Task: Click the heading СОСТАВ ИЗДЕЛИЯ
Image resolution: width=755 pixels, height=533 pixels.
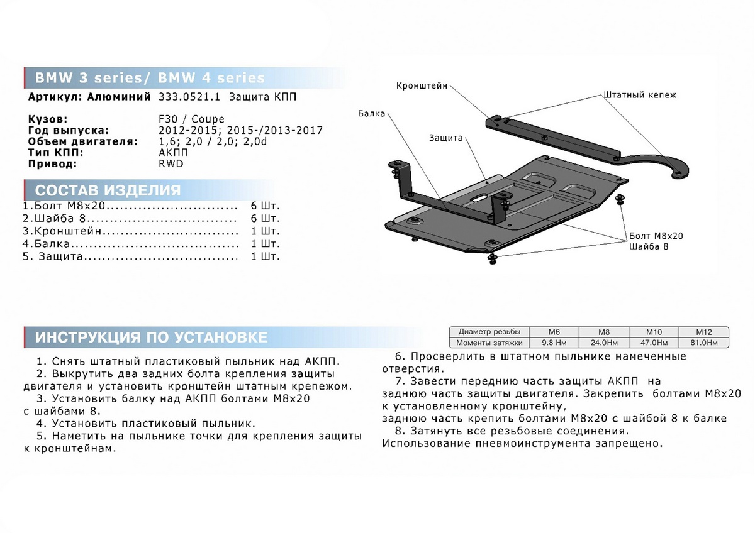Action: tap(108, 190)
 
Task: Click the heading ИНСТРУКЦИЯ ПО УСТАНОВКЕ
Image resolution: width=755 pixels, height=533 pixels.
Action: tap(151, 338)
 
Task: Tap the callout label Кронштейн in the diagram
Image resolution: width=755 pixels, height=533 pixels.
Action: tap(422, 86)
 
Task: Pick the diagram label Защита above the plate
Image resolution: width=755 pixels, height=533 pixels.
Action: tap(446, 137)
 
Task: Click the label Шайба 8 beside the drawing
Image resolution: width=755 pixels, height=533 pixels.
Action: tap(649, 246)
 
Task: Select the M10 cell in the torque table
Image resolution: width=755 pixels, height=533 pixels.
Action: tap(654, 332)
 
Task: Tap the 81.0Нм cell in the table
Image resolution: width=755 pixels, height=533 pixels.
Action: tap(703, 343)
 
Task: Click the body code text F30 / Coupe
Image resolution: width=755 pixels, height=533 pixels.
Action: tap(200, 119)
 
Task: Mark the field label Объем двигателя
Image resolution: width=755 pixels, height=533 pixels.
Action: tap(83, 141)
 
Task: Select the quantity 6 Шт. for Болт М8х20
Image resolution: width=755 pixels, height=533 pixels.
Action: tap(265, 206)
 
